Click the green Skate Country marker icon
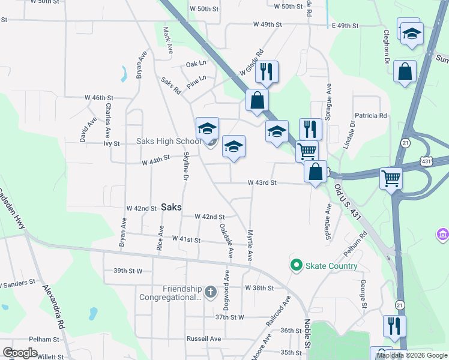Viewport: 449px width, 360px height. coord(296,265)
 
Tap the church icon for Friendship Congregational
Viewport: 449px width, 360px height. coord(210,292)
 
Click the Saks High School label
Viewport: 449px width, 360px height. coord(168,142)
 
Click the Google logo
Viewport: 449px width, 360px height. coord(20,352)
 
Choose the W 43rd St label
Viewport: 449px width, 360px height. coord(262,182)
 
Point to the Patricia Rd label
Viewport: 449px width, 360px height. coord(371,116)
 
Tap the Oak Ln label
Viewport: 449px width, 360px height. coord(196,63)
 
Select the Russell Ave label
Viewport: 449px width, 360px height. coord(203,338)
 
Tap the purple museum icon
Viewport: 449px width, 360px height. coord(443,233)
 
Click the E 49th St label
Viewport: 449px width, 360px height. coord(345,26)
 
